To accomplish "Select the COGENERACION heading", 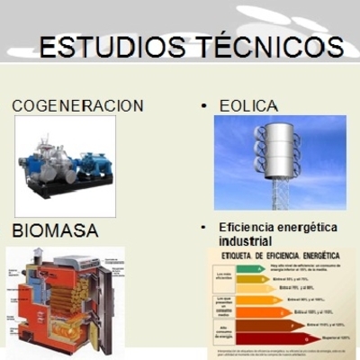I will click(77, 106).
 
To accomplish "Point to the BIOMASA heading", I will click(55, 231).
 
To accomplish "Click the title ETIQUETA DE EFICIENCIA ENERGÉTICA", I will click(279, 256).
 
